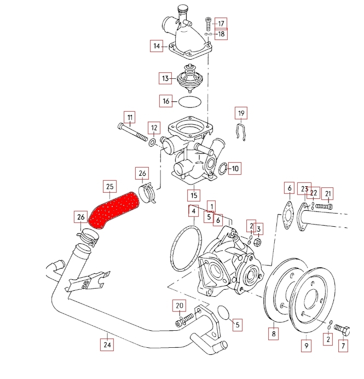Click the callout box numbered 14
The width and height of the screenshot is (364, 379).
click(x=157, y=46)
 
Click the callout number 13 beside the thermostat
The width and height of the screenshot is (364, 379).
click(x=165, y=79)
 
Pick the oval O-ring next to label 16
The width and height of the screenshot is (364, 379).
click(x=190, y=101)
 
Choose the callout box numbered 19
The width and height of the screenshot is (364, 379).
click(x=241, y=113)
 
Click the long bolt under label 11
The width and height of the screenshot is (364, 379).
click(x=135, y=133)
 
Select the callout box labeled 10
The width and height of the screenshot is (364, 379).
click(x=234, y=169)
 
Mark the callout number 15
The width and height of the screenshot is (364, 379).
click(x=193, y=195)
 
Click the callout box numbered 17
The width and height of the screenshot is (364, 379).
click(x=221, y=24)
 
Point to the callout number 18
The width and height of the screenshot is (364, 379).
click(x=221, y=35)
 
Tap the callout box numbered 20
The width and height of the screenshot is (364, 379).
click(x=180, y=305)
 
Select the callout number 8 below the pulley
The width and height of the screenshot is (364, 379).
click(x=273, y=332)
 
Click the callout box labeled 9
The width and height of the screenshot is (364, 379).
click(x=306, y=346)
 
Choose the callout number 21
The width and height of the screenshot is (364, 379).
click(x=328, y=193)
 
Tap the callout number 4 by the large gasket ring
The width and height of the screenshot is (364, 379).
click(x=193, y=211)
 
